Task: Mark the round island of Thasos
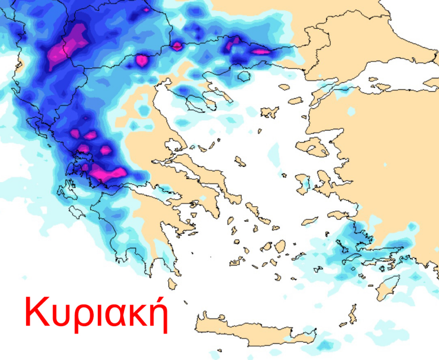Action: (243, 76)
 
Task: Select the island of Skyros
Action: (240, 161)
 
